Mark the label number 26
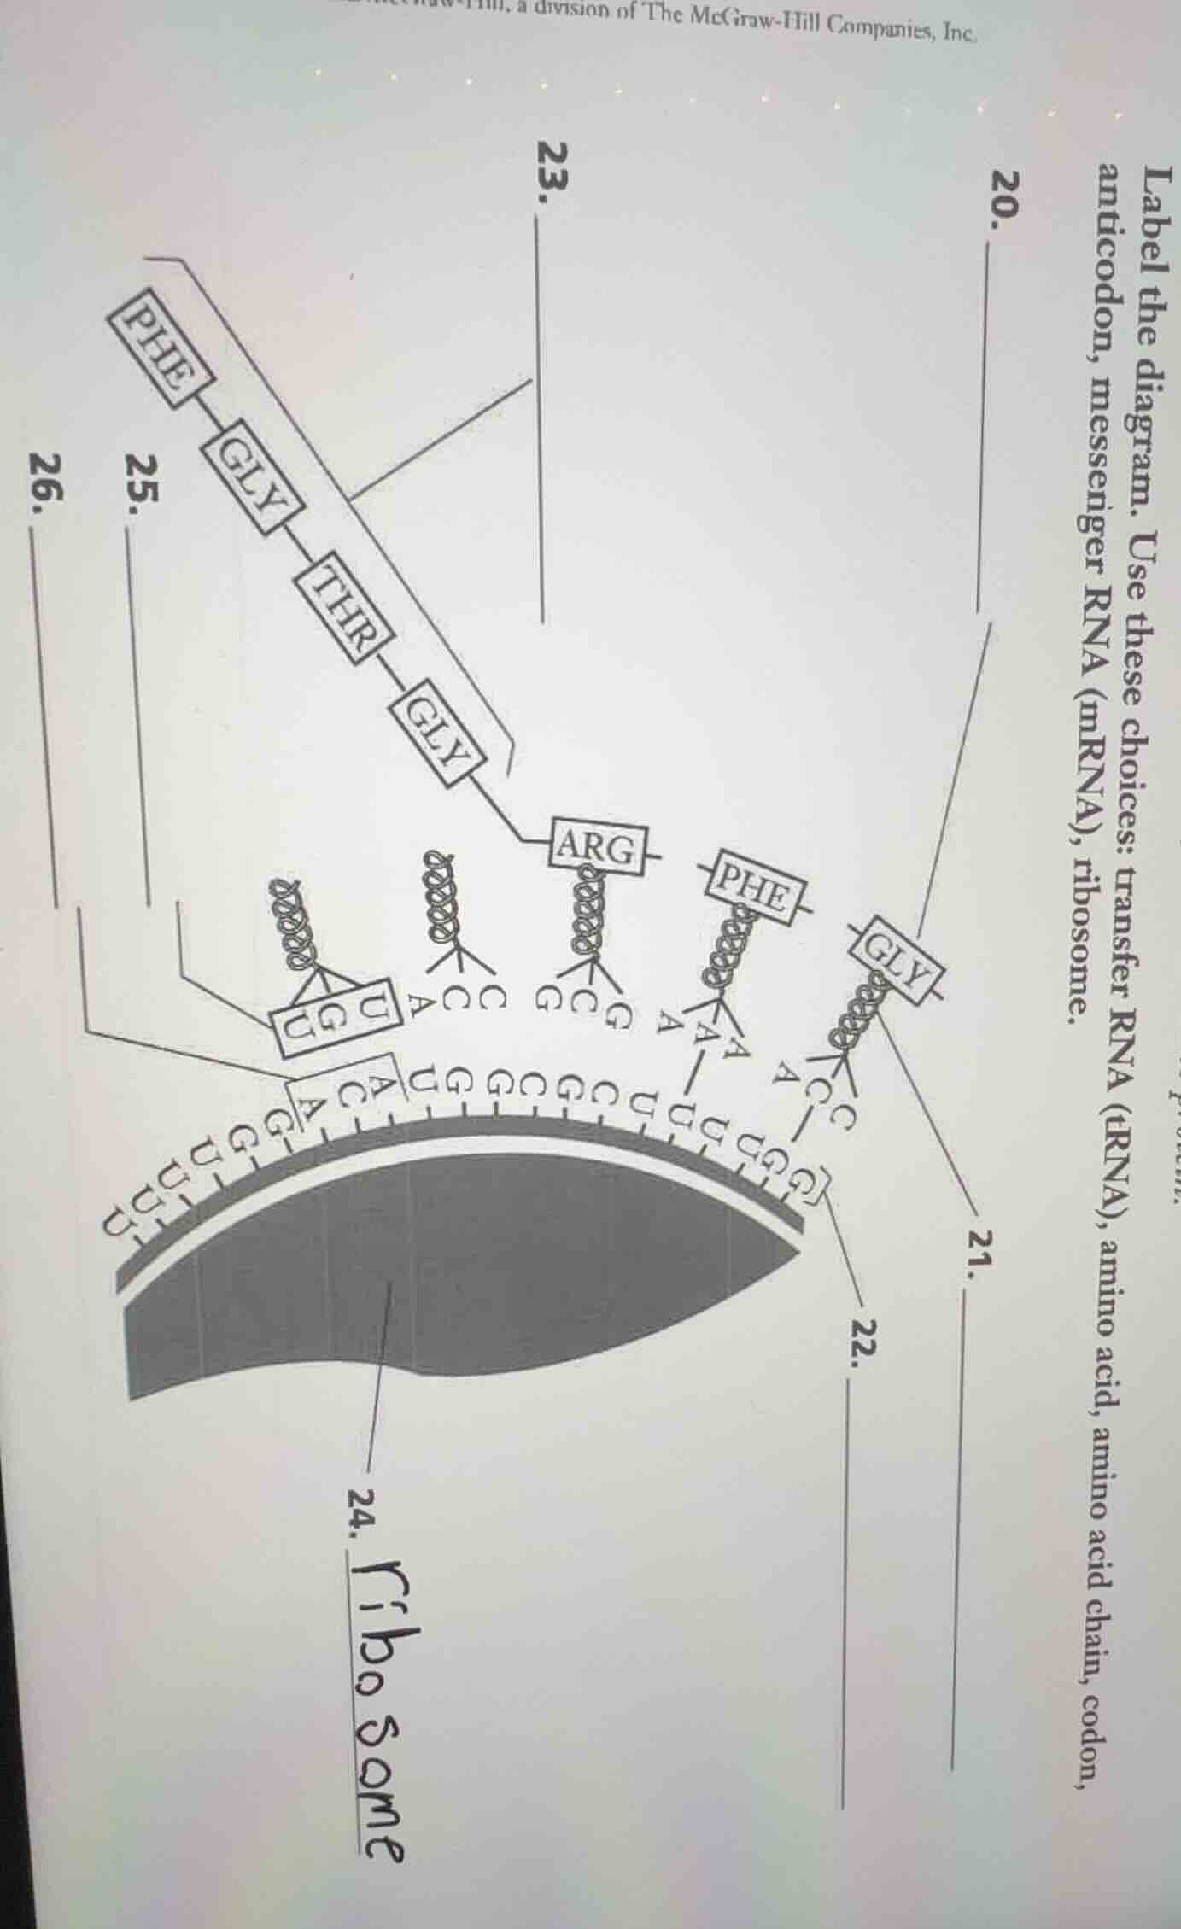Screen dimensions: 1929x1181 pos(47,495)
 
